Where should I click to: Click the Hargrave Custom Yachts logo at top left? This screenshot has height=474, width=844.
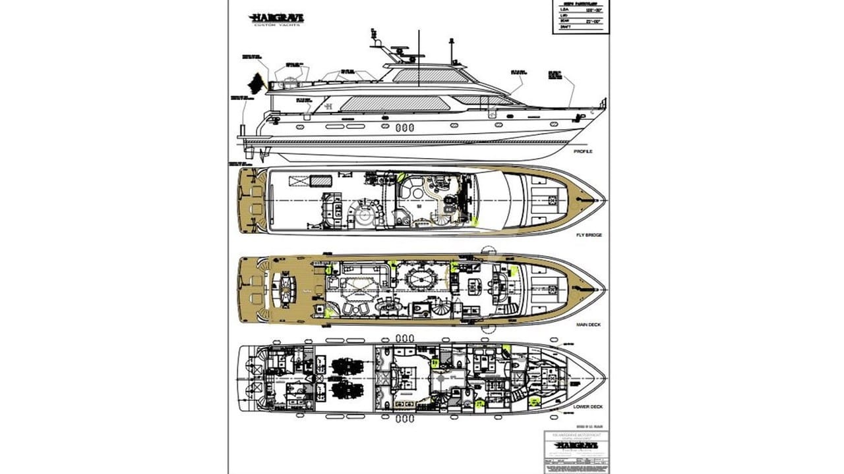[x=276, y=19]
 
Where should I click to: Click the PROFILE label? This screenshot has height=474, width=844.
[x=583, y=151]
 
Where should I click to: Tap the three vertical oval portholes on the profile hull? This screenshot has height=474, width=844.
[x=406, y=128]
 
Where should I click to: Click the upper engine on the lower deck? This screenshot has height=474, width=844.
[x=343, y=365]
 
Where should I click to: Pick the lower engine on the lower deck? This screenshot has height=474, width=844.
[x=343, y=390]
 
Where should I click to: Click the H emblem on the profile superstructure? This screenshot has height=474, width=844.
[x=327, y=105]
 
